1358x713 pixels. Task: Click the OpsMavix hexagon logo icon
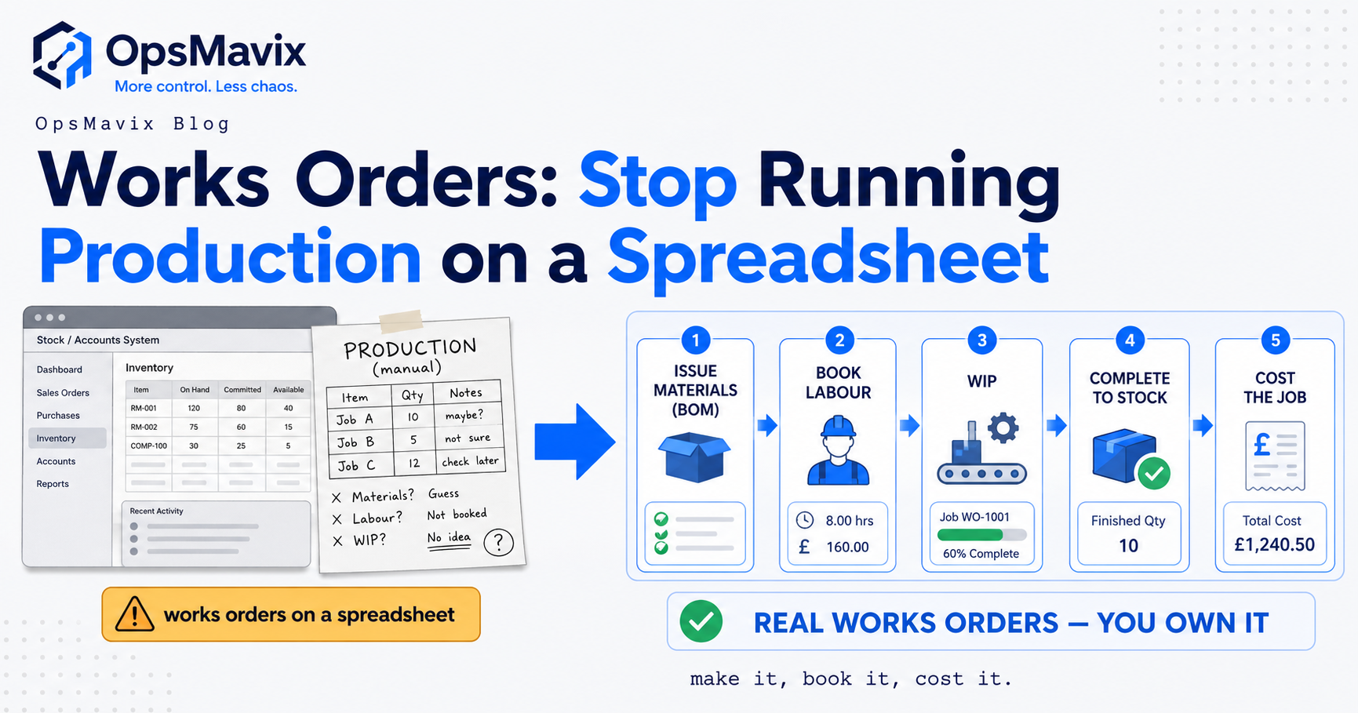tap(62, 55)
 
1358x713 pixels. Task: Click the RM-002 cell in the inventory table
tap(144, 427)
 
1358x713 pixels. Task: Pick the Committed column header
tap(242, 389)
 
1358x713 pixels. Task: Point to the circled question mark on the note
tap(498, 542)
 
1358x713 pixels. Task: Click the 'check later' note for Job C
tap(470, 461)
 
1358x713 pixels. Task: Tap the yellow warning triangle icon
tap(134, 613)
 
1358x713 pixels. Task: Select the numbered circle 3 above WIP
tap(981, 340)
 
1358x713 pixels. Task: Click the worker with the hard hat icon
tap(838, 450)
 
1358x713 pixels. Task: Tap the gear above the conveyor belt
tap(1003, 428)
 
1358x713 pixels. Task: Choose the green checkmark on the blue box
tap(1153, 473)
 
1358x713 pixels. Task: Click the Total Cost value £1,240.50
tap(1274, 544)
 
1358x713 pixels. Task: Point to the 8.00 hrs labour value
tap(849, 520)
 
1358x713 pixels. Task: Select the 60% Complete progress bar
tap(981, 535)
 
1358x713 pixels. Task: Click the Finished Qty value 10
tap(1128, 546)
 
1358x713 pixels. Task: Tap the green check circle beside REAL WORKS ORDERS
tap(701, 622)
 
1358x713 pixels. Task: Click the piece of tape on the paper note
tap(401, 321)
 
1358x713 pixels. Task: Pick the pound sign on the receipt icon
tap(1262, 445)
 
